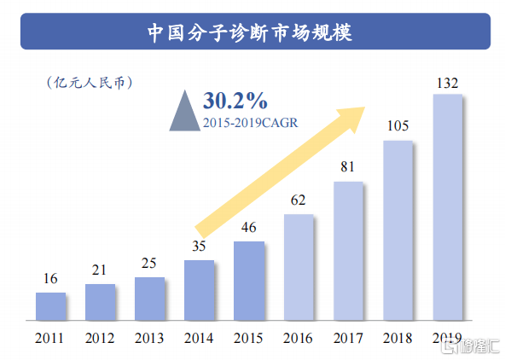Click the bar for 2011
coord(50,305)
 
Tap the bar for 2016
coord(298,266)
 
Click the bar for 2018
coord(398,229)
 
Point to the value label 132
coord(447,83)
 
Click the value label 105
coord(398,126)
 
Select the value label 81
coord(347,167)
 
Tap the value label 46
coord(248,228)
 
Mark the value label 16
coord(50,278)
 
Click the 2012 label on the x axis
coord(100,337)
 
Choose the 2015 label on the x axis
coord(248,337)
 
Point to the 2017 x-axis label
coord(347,337)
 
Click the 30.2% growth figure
coord(235,101)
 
